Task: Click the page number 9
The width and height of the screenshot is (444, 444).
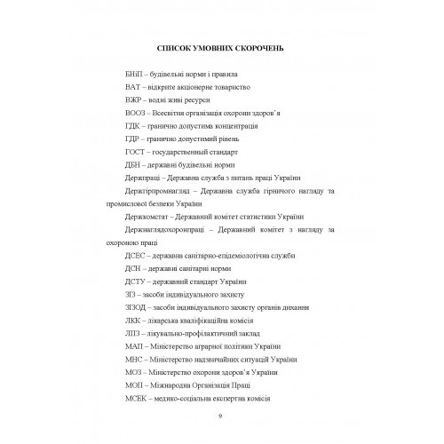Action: (219, 416)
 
